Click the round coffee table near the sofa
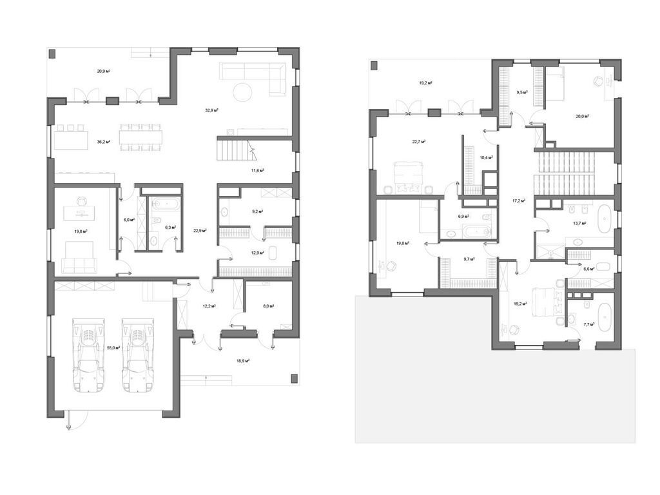tap(242, 92)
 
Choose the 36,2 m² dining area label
tap(103, 142)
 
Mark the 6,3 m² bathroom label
tap(170, 227)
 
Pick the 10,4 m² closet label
tap(487, 157)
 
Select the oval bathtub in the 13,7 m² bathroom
tap(605, 219)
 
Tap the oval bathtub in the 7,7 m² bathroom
tap(604, 318)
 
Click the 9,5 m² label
tap(521, 92)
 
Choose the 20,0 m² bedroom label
tap(582, 117)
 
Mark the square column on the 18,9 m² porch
tap(294, 378)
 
